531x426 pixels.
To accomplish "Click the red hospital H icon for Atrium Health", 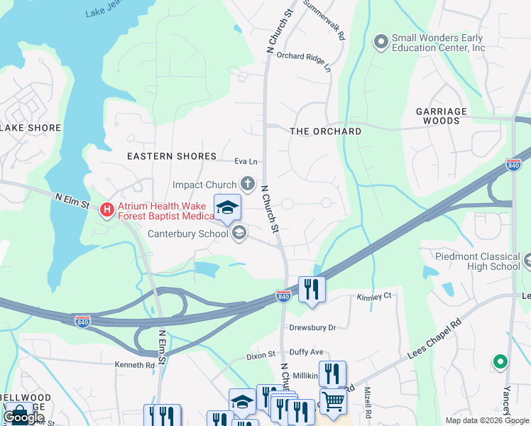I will tap(106, 209).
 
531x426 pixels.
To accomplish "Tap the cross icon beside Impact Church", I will tap(247, 185).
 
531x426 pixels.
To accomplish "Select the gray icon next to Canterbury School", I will tap(239, 233).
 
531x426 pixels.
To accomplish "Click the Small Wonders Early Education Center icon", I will tap(381, 43).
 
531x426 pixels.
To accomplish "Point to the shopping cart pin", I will tap(332, 401).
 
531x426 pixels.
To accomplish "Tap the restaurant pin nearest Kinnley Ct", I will tap(312, 290).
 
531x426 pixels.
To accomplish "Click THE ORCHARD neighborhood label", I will tap(325, 131).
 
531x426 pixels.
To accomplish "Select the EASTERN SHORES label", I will tap(171, 156).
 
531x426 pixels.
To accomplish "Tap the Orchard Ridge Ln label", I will tap(304, 61).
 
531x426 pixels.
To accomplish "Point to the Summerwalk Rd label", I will tap(324, 19).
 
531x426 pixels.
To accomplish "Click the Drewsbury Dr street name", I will tap(312, 328).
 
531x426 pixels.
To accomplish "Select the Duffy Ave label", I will tap(306, 351).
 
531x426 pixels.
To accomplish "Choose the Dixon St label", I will tap(261, 355).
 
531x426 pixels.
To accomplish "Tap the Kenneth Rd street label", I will tap(134, 365).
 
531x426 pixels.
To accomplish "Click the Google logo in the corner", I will tap(23, 417).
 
